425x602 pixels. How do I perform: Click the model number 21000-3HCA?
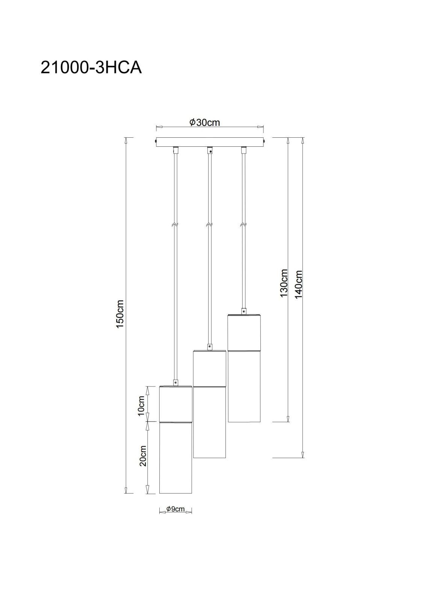coord(91,68)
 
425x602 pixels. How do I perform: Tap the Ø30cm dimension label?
coord(204,123)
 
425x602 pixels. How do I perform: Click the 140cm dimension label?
coord(298,284)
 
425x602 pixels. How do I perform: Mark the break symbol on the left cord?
coord(175,224)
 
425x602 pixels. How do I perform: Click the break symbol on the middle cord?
coord(209,224)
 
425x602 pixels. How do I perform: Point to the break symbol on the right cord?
coord(244,224)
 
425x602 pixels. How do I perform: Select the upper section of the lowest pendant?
coord(175,404)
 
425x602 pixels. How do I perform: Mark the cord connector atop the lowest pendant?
coord(175,383)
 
